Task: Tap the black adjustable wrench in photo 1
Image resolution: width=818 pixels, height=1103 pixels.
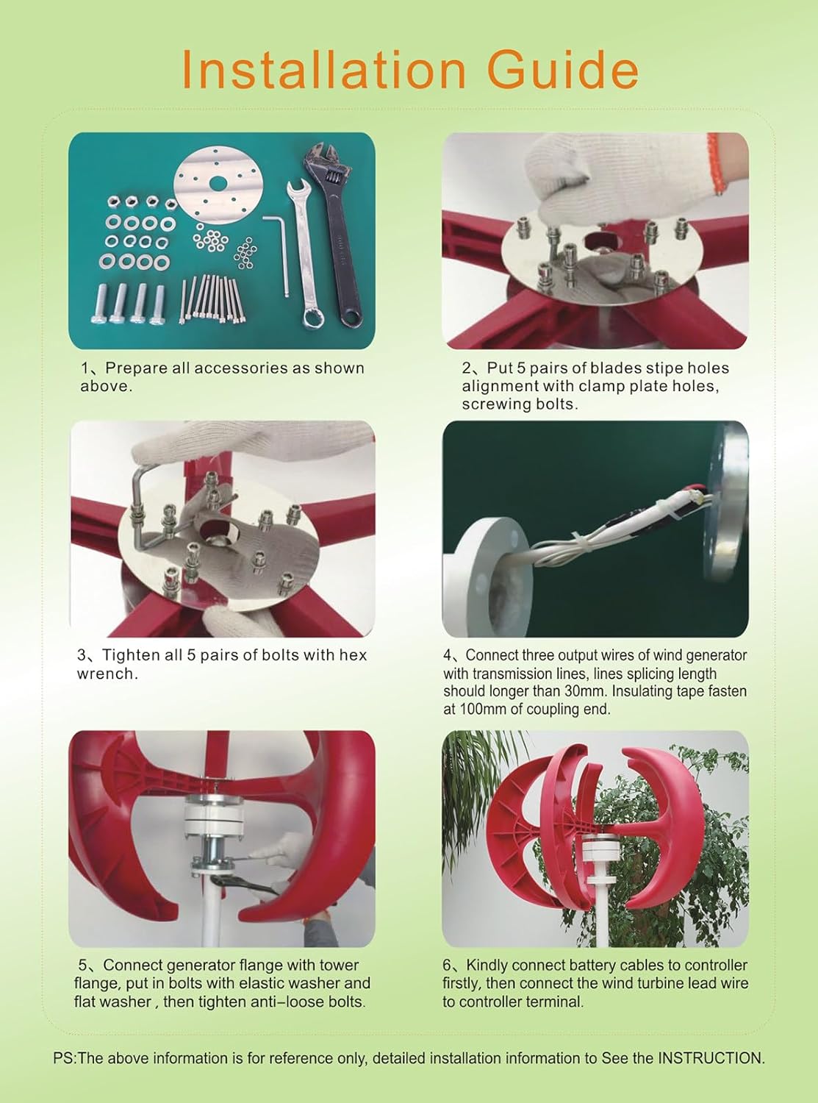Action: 334,228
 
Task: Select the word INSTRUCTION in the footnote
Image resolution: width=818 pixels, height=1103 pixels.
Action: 709,1058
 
